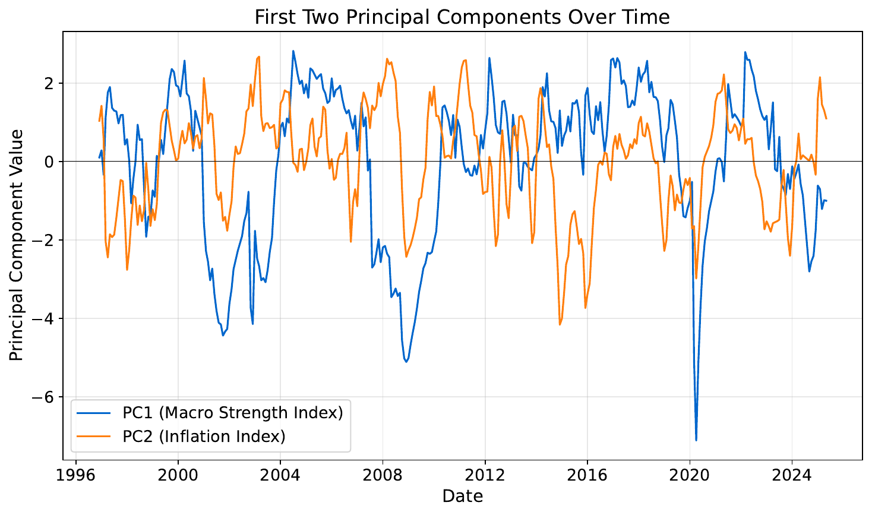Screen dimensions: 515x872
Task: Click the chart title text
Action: (462, 17)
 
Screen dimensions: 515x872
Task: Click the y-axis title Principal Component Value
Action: (17, 245)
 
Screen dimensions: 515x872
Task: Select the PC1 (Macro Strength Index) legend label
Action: (233, 412)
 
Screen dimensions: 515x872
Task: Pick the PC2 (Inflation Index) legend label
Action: (204, 437)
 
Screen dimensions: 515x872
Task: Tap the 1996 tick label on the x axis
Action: (76, 476)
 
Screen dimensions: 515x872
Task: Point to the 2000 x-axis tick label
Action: (178, 476)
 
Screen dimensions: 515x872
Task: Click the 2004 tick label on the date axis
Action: (280, 476)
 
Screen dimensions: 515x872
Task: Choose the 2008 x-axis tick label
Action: (383, 476)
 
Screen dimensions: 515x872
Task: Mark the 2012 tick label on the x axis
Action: (485, 476)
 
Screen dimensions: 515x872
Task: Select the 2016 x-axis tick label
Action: (587, 476)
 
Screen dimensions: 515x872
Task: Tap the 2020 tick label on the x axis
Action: (690, 476)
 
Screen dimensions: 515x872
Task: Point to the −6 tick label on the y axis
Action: (48, 397)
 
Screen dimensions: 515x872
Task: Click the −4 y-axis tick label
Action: (48, 318)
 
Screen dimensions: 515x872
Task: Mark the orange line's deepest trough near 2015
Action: (560, 324)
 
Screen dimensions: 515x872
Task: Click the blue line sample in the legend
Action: (94, 412)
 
